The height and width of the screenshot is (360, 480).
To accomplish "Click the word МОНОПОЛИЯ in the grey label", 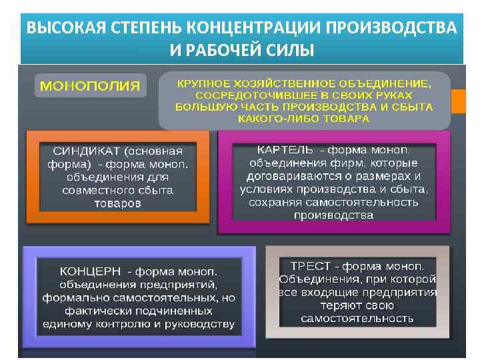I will [x=91, y=86].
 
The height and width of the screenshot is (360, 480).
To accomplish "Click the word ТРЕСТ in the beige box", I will [x=303, y=265].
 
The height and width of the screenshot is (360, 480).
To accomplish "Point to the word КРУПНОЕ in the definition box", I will [x=203, y=84].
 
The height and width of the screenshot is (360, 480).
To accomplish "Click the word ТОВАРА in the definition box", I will [x=346, y=118].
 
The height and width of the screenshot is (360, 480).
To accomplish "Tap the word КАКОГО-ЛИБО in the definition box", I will [x=279, y=118].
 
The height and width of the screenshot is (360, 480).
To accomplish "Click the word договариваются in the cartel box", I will [x=287, y=176].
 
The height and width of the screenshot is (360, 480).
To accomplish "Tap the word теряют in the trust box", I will [x=339, y=305].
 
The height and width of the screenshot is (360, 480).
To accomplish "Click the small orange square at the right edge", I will [x=459, y=101].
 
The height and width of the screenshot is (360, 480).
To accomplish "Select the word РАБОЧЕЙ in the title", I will [x=223, y=51].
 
